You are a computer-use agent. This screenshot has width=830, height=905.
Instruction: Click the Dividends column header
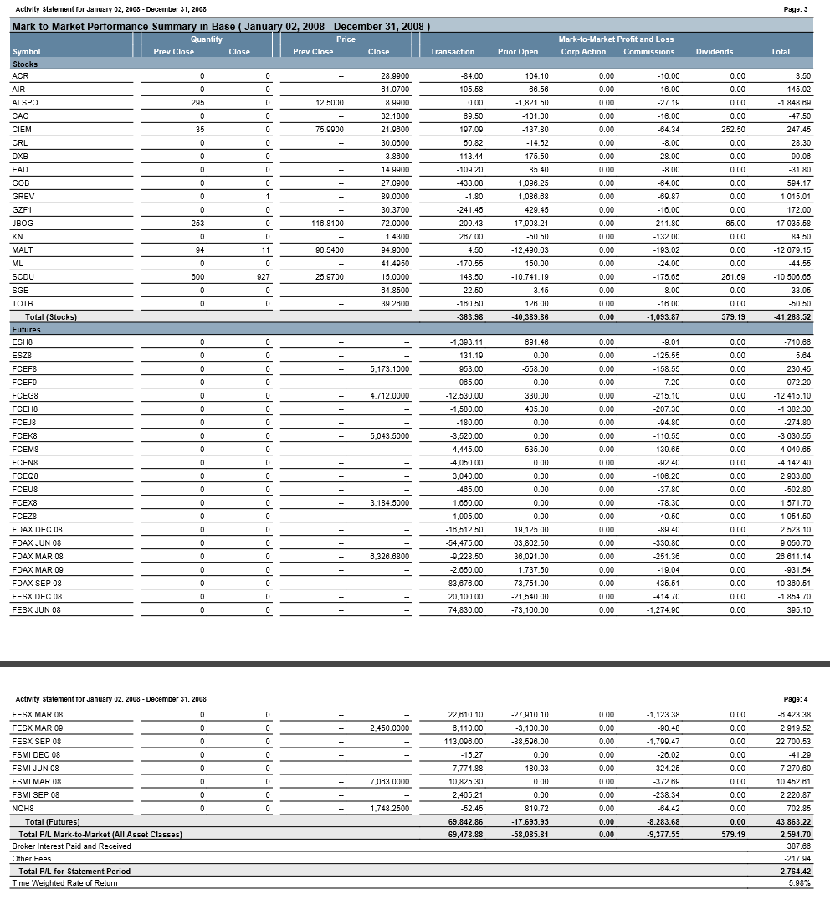click(x=714, y=52)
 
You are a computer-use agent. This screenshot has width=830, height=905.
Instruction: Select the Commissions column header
click(x=648, y=52)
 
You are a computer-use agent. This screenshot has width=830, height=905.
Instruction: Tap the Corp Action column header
click(x=583, y=52)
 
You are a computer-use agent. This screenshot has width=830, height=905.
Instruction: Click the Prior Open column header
click(x=518, y=52)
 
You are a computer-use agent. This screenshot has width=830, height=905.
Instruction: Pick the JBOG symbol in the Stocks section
click(x=23, y=224)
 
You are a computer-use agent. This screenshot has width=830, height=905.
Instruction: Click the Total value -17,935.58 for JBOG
click(x=791, y=224)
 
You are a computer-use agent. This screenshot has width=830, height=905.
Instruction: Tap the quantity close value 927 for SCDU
click(x=263, y=276)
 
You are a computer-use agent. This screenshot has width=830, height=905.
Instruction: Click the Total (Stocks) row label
click(x=51, y=316)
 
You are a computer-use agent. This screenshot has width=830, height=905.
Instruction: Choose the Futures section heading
click(x=27, y=330)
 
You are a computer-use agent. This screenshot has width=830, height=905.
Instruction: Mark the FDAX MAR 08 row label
click(x=38, y=557)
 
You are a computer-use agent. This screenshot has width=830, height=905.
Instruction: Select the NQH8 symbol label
click(x=23, y=809)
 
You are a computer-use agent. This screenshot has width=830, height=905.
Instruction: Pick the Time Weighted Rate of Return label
click(x=59, y=883)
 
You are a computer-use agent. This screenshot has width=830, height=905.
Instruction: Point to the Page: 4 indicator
click(x=795, y=699)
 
